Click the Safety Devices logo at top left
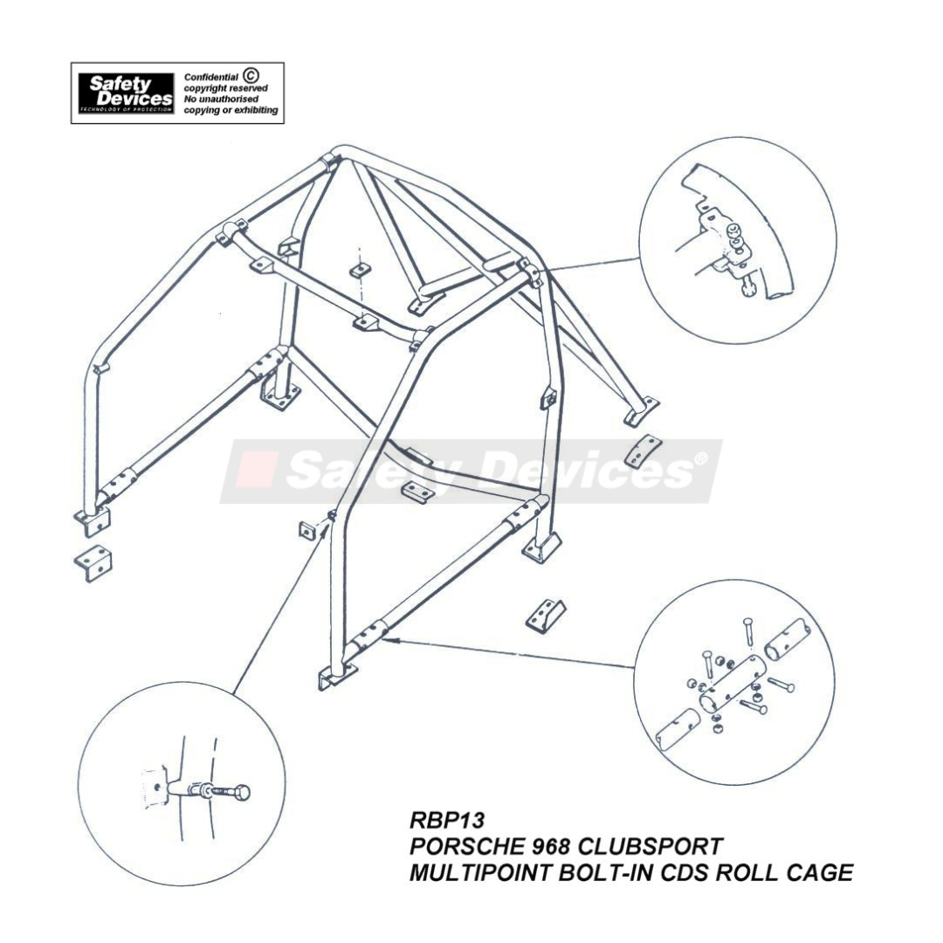(x=126, y=93)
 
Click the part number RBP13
(x=446, y=821)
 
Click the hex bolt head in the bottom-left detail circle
(x=242, y=793)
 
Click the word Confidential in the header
(x=210, y=78)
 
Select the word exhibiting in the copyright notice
(x=251, y=111)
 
